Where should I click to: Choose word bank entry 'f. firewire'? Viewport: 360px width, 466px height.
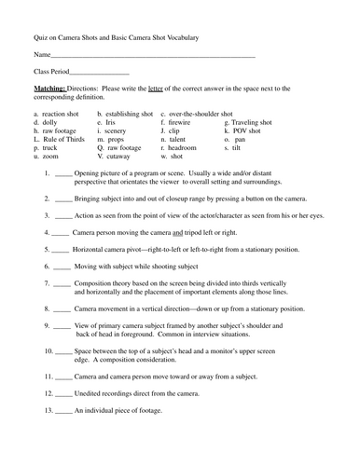[x=176, y=122]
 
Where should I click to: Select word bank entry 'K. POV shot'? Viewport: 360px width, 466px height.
[x=244, y=131]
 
